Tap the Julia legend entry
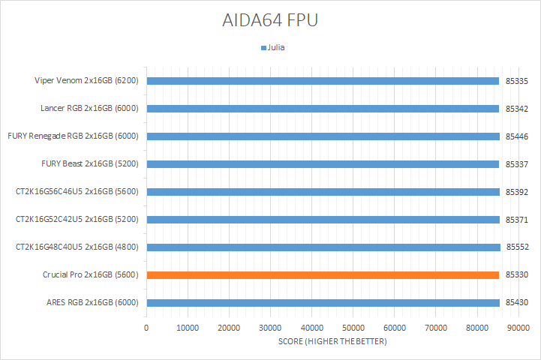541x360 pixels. click(x=273, y=47)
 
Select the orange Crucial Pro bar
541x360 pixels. click(x=323, y=275)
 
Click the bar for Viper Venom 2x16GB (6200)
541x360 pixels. click(x=323, y=81)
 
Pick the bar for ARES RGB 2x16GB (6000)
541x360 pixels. click(x=323, y=303)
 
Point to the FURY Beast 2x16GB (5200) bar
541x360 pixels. click(x=323, y=164)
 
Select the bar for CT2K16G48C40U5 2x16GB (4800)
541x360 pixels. click(x=323, y=247)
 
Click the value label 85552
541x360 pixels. click(x=517, y=247)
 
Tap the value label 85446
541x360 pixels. click(x=517, y=136)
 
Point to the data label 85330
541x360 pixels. click(x=517, y=275)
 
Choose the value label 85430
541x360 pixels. click(x=517, y=303)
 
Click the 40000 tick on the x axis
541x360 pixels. click(x=311, y=328)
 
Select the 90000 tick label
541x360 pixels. click(x=518, y=328)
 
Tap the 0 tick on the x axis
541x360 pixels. click(x=146, y=328)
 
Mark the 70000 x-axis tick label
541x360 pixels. click(x=436, y=328)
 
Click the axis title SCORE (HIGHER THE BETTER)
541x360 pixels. click(x=332, y=342)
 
